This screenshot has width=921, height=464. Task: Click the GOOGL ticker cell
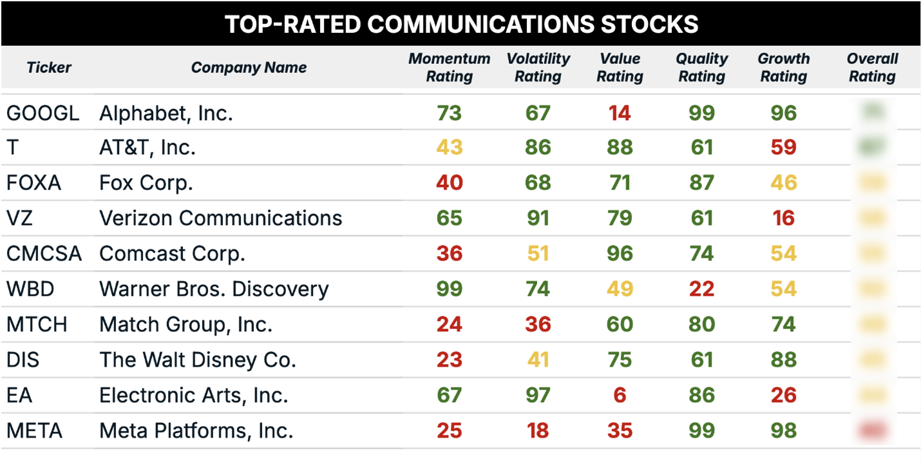click(x=43, y=113)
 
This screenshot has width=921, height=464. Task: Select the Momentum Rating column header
click(x=449, y=68)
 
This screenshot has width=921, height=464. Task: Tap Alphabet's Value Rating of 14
click(x=620, y=113)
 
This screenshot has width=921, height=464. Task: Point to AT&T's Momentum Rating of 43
click(x=449, y=148)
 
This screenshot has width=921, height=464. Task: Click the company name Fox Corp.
click(x=146, y=183)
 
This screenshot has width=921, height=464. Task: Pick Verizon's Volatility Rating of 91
click(x=538, y=218)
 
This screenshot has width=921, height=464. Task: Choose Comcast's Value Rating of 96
click(x=620, y=253)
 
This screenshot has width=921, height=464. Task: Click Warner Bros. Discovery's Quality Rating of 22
click(x=701, y=289)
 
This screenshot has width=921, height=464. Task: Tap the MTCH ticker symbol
click(x=37, y=324)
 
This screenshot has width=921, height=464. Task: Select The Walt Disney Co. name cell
click(x=198, y=360)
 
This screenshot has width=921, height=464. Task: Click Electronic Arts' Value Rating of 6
click(x=620, y=394)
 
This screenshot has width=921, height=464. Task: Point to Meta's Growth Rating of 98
click(x=783, y=430)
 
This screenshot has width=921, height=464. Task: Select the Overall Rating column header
click(x=872, y=68)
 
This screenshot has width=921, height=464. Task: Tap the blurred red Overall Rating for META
click(x=873, y=430)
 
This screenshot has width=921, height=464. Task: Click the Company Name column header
click(x=249, y=68)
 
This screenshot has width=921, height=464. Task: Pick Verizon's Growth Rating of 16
click(x=783, y=218)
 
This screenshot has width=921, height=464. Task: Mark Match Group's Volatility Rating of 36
click(x=538, y=324)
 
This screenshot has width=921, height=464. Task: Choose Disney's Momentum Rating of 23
click(x=449, y=360)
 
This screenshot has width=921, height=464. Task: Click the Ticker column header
click(x=49, y=68)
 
